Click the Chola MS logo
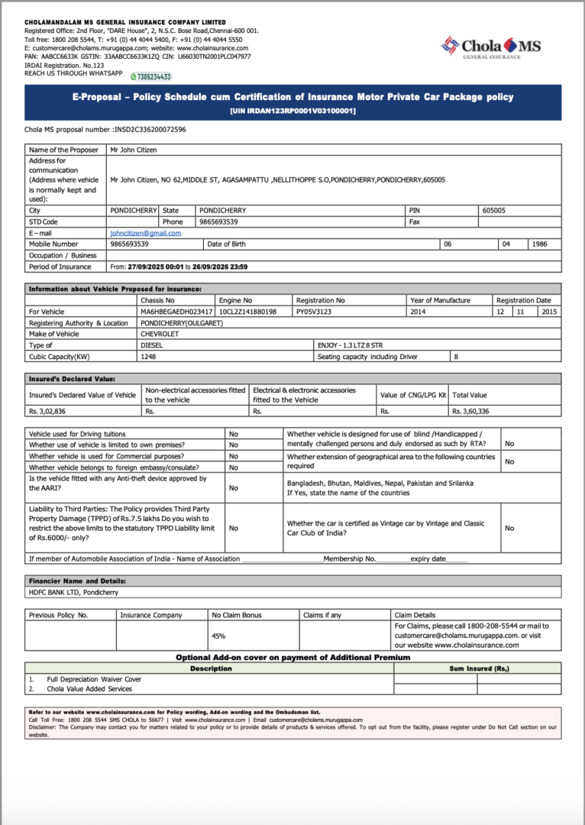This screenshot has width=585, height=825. click(x=490, y=47)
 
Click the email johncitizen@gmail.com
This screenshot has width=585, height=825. click(x=145, y=233)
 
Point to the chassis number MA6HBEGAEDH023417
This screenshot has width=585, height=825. click(x=176, y=312)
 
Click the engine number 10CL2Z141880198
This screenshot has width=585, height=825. click(x=247, y=312)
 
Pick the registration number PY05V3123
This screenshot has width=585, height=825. click(x=314, y=312)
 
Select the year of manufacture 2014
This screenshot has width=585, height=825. click(x=419, y=312)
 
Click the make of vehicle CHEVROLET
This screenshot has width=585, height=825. click(x=160, y=334)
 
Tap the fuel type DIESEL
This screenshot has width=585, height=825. click(x=152, y=345)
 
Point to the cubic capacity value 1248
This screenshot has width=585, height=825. click(x=148, y=357)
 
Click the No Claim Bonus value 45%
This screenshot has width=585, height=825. click(x=218, y=636)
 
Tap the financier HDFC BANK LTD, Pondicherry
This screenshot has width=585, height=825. click(x=73, y=592)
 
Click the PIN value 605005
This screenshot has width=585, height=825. click(x=493, y=210)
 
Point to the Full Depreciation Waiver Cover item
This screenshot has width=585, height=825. click(x=94, y=679)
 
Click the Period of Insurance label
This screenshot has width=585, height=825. click(x=60, y=267)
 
